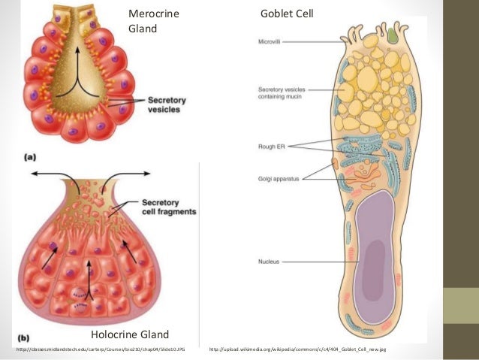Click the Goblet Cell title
tap(287, 14)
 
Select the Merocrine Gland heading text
tap(154, 21)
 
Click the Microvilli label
tap(270, 42)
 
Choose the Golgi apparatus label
tap(275, 178)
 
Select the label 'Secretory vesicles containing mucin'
tap(280, 92)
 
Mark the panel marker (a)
tap(31, 157)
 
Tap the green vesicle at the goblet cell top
tap(392, 35)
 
